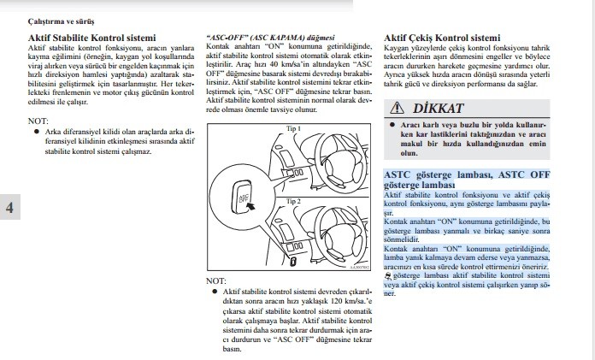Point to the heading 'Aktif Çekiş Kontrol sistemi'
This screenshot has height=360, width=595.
point(442,38)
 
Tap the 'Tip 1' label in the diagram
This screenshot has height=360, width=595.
point(294,127)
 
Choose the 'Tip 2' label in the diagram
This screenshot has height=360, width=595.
point(294,201)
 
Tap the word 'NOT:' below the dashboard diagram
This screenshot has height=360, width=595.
point(216,280)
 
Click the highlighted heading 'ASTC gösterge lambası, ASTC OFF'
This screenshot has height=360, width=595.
point(466,174)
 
